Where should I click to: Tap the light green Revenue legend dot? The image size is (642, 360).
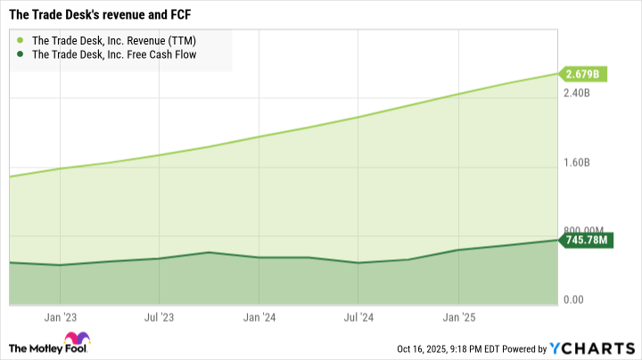click(21, 39)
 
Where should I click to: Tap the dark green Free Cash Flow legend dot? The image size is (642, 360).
click(21, 54)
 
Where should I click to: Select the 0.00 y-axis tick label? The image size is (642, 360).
click(575, 300)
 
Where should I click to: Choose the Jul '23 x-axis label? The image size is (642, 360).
click(158, 315)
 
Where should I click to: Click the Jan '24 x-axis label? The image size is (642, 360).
click(258, 315)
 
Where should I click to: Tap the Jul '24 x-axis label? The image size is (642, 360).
click(358, 315)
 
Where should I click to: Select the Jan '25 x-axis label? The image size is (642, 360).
click(457, 315)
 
